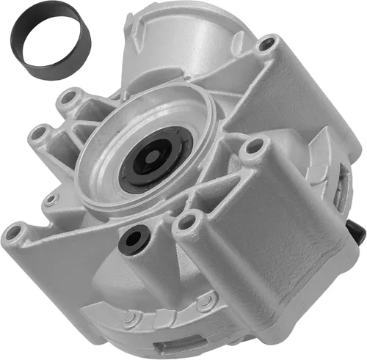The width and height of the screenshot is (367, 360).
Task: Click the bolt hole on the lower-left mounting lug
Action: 14,232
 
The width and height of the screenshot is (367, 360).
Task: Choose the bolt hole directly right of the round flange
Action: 253,147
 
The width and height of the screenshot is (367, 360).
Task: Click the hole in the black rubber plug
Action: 134,236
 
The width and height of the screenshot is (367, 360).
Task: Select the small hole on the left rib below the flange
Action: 50,199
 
